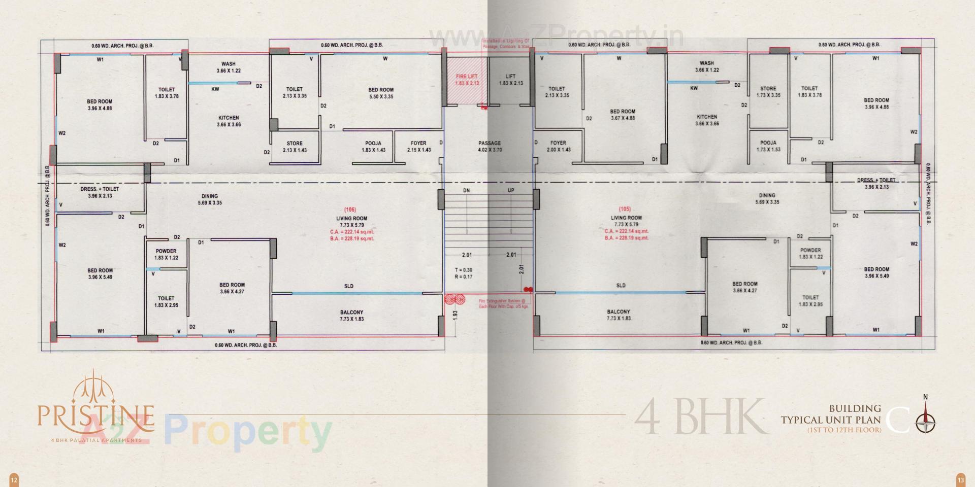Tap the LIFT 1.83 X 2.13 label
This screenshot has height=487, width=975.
[510, 80]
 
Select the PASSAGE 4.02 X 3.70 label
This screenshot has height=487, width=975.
[490, 146]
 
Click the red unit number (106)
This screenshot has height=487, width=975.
[350, 210]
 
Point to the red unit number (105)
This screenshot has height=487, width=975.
[625, 209]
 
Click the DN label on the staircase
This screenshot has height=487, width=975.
[466, 191]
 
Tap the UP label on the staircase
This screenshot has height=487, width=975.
[511, 191]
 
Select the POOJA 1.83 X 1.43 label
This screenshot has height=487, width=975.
[373, 147]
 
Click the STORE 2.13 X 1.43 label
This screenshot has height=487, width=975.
[295, 147]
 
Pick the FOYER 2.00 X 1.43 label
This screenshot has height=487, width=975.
[558, 146]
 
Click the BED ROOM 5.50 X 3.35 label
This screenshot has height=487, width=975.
[381, 93]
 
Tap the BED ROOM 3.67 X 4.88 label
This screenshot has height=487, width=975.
[623, 115]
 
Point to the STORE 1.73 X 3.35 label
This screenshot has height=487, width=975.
[768, 92]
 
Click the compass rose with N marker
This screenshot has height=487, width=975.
[926, 420]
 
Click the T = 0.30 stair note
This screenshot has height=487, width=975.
[463, 270]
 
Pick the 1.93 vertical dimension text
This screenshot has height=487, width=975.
[455, 315]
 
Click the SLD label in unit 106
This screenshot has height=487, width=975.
[349, 286]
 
